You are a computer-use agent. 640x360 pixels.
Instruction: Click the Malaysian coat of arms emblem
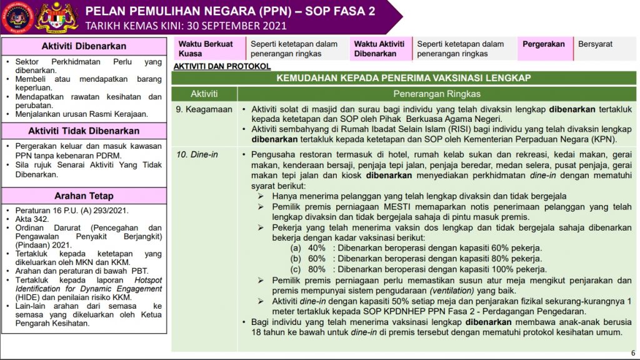coord(57,17)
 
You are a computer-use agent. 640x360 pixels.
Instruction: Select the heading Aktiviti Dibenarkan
coord(84,46)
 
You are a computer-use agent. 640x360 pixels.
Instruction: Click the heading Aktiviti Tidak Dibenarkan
coord(84,131)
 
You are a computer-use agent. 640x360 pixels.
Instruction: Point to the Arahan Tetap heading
coord(84,196)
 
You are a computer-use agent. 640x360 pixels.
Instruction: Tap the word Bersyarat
coord(595,44)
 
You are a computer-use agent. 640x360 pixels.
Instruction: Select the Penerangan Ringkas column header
coord(436,94)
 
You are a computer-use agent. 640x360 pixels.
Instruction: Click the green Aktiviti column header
coord(204,94)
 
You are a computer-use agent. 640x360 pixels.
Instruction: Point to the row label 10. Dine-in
coord(197,154)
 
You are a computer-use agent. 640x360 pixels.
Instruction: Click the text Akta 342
coord(31,219)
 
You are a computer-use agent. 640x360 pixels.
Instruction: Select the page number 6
coord(632,352)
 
